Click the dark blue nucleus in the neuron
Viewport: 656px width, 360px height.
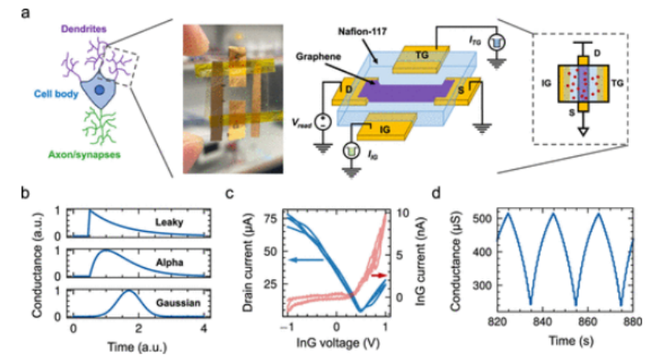(98, 94)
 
